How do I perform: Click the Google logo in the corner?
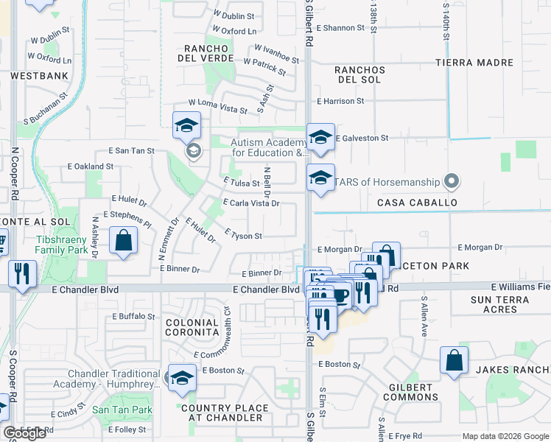click(x=24, y=433)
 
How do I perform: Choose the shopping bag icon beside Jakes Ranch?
click(x=454, y=360)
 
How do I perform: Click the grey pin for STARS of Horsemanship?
click(x=452, y=181)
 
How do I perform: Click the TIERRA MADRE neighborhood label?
click(x=474, y=63)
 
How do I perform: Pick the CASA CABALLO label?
click(x=417, y=203)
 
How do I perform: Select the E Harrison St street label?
click(x=340, y=101)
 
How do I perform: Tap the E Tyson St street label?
click(x=242, y=236)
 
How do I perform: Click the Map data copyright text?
click(x=505, y=436)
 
